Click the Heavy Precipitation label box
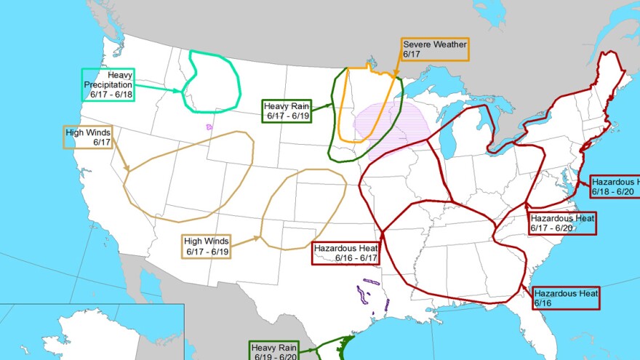(x=108, y=84)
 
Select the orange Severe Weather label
(x=435, y=49)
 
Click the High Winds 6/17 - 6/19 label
(x=207, y=246)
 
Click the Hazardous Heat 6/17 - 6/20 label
(x=562, y=223)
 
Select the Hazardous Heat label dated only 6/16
(x=566, y=298)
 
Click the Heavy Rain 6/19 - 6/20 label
(x=275, y=351)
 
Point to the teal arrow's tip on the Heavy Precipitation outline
(x=183, y=91)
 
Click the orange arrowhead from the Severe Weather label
(x=395, y=76)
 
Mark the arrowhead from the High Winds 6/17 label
(x=129, y=172)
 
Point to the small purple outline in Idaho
(x=209, y=127)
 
